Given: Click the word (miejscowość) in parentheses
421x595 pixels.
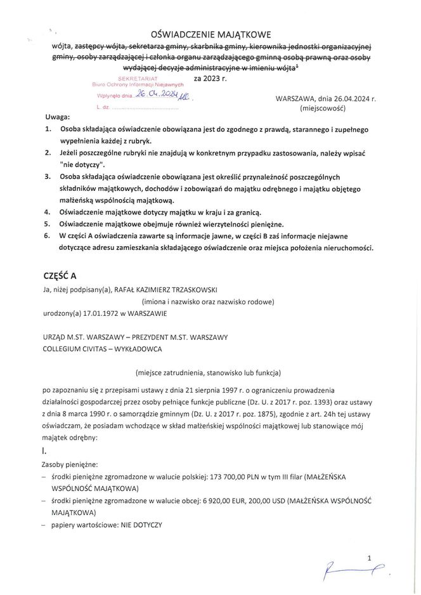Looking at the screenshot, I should (323, 108).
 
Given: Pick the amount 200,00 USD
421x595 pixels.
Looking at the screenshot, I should (264, 500).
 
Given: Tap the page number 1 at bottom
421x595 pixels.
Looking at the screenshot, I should (368, 558).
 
